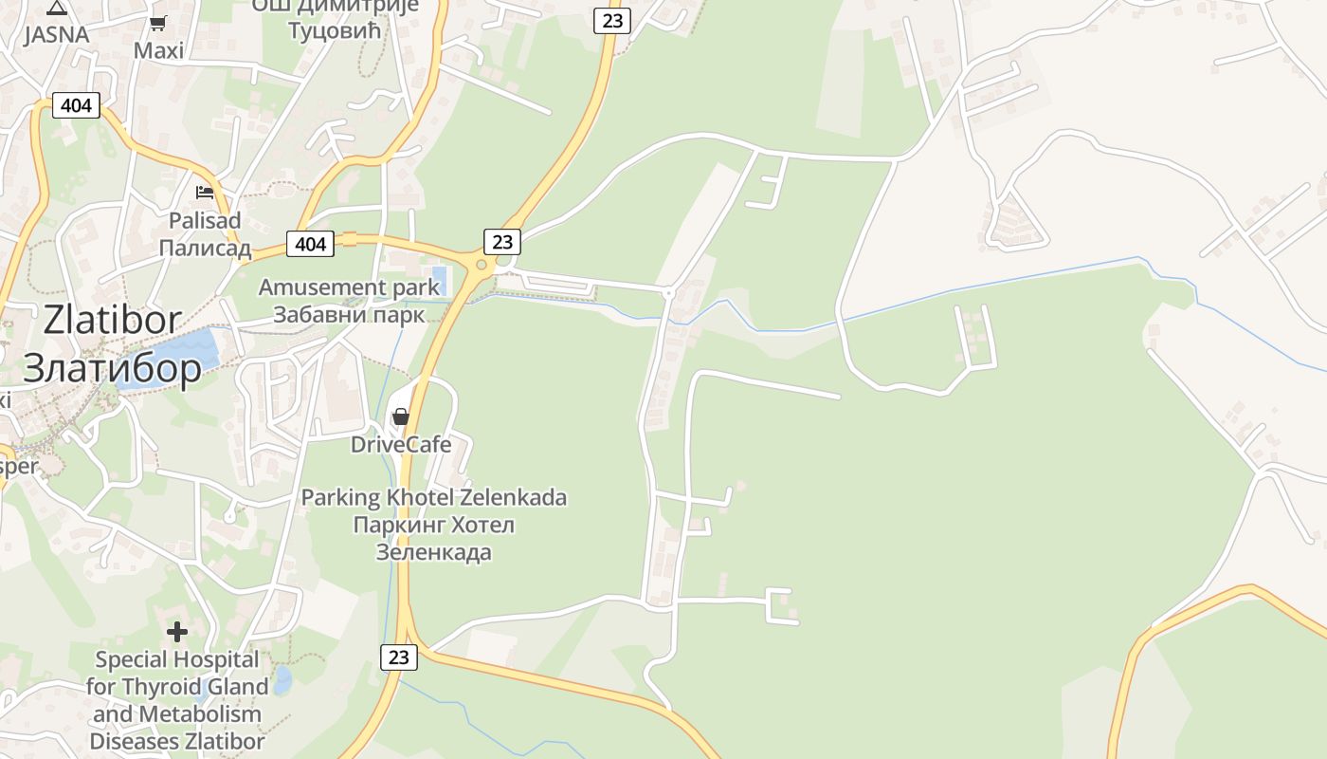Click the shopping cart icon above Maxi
click(x=158, y=24)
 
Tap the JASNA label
click(x=57, y=35)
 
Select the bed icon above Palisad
click(x=205, y=193)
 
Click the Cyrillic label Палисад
click(x=205, y=249)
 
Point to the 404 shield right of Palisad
click(x=311, y=245)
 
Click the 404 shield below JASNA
click(x=76, y=105)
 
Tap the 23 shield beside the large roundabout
click(x=502, y=243)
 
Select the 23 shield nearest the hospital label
click(x=399, y=657)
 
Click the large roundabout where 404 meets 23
click(x=482, y=265)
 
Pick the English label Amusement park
click(x=336, y=287)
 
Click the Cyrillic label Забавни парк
click(x=349, y=314)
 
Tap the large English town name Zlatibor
click(x=105, y=321)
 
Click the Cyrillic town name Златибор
click(x=112, y=368)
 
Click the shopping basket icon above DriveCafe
click(x=401, y=417)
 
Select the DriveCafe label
click(x=401, y=444)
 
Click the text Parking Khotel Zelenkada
click(x=433, y=497)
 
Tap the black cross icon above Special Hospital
click(x=177, y=631)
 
